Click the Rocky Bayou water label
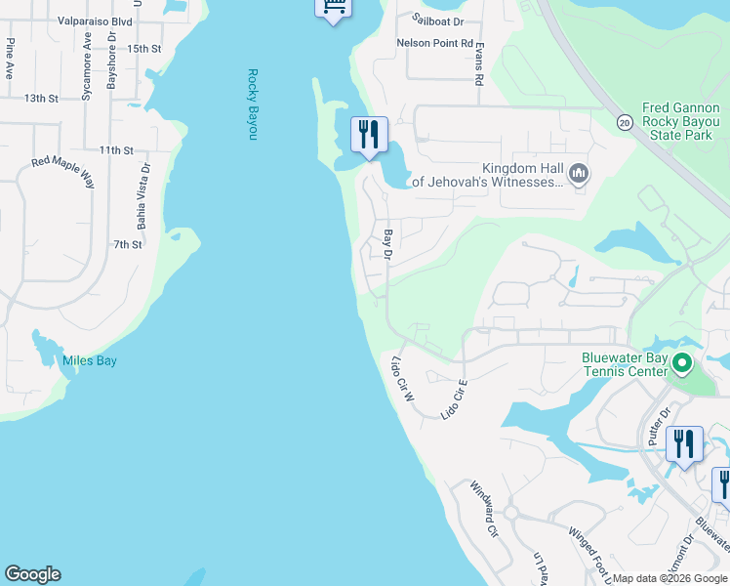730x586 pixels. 252,104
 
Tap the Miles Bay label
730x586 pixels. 90,361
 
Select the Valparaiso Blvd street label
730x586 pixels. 95,20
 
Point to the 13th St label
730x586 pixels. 42,99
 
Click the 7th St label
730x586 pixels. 128,244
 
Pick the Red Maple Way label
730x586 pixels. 62,174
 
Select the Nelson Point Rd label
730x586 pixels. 434,44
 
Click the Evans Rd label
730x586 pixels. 479,67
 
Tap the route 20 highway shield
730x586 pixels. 623,122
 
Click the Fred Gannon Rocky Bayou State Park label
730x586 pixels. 680,122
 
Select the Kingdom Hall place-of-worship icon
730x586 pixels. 578,174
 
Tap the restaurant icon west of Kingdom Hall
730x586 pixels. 369,134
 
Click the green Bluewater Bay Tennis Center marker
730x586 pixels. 682,365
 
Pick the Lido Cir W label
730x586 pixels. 403,380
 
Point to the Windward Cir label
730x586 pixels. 484,509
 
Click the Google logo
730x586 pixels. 32,574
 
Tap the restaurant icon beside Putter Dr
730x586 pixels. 684,443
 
